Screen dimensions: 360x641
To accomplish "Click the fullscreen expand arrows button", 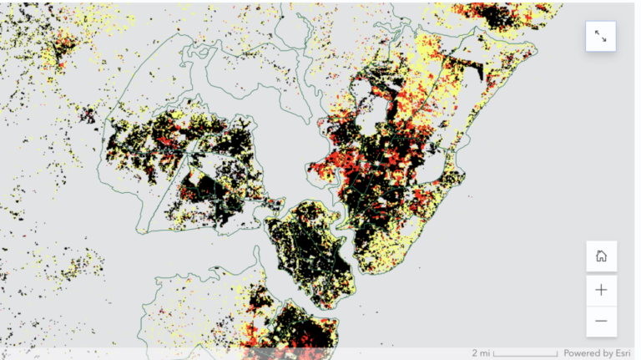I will (x=601, y=36).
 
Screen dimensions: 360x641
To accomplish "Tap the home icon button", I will (x=601, y=256).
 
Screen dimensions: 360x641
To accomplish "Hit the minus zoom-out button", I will (x=601, y=321).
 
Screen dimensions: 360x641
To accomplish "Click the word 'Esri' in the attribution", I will (x=622, y=352).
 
